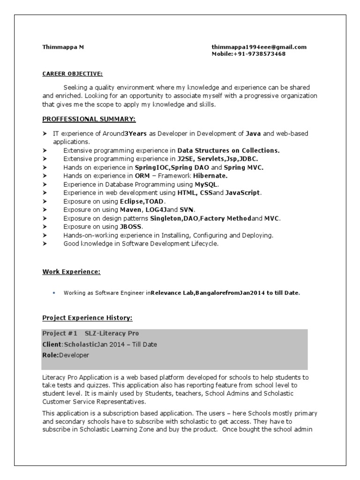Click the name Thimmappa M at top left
63,47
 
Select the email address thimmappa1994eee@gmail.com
259,47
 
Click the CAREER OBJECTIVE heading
72,74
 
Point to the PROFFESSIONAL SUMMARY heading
89,119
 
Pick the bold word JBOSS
131,226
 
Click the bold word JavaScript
243,193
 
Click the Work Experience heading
71,271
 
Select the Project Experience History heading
87,318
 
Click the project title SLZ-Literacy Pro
112,333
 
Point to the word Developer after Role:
74,355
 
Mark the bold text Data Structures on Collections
228,150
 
